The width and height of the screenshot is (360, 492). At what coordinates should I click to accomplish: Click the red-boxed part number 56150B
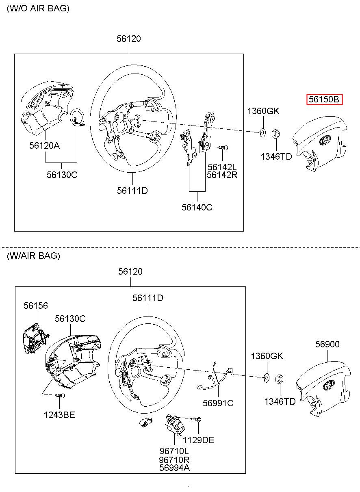pyautogui.click(x=324, y=100)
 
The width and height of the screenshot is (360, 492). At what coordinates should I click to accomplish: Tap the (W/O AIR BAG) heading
pyautogui.click(x=38, y=9)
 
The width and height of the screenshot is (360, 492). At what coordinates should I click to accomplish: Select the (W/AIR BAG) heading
pyautogui.click(x=33, y=256)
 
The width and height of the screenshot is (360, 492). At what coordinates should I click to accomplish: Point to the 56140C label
pyautogui.click(x=197, y=207)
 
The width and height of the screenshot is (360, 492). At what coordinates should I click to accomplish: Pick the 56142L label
pyautogui.click(x=222, y=167)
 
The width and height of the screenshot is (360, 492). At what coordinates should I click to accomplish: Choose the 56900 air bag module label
pyautogui.click(x=327, y=344)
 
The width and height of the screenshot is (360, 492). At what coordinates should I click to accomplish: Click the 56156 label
pyautogui.click(x=35, y=306)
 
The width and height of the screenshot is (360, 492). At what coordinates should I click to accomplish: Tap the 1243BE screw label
pyautogui.click(x=59, y=415)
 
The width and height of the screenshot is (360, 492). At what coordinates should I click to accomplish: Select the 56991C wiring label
pyautogui.click(x=218, y=403)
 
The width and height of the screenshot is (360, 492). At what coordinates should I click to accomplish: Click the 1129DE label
pyautogui.click(x=198, y=440)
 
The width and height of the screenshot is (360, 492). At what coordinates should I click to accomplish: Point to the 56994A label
pyautogui.click(x=174, y=468)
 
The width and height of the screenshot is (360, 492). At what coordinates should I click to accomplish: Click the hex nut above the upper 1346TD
pyautogui.click(x=274, y=134)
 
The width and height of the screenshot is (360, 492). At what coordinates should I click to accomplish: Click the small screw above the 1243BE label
pyautogui.click(x=60, y=396)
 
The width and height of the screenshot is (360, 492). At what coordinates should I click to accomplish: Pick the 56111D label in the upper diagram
pyautogui.click(x=132, y=190)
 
